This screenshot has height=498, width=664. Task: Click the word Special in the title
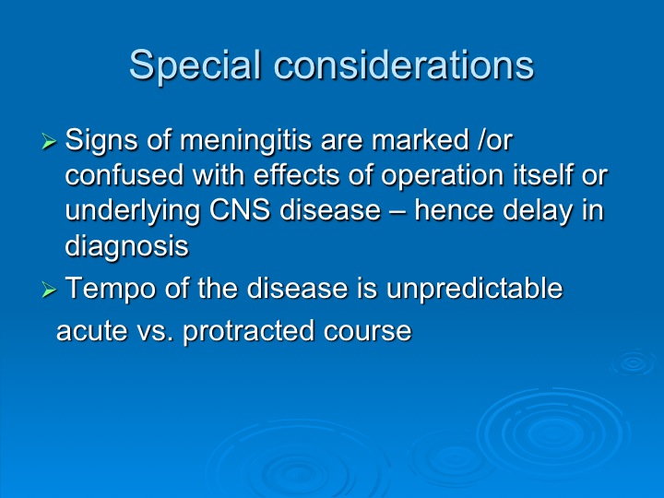(x=195, y=65)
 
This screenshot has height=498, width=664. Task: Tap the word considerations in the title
(x=405, y=65)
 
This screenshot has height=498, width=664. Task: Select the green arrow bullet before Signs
(x=49, y=141)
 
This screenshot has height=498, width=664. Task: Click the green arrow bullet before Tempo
(x=49, y=290)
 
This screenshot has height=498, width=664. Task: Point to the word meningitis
(x=246, y=141)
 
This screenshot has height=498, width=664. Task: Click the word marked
(x=421, y=140)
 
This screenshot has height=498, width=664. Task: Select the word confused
(x=125, y=175)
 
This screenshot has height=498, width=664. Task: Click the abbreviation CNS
(x=240, y=210)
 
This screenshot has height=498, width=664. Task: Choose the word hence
(x=454, y=210)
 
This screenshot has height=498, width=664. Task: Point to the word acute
(x=92, y=331)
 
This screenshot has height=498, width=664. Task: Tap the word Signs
(x=101, y=141)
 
